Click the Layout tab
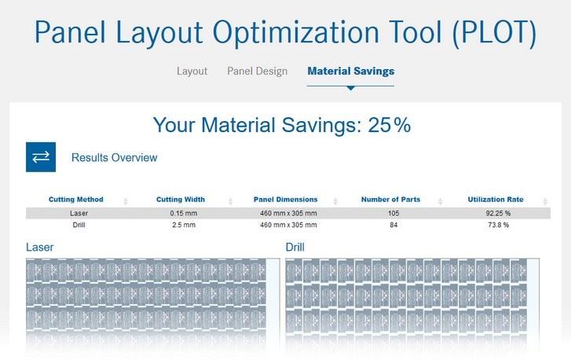(x=192, y=71)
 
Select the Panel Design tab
(x=257, y=71)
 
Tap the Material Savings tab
(x=350, y=71)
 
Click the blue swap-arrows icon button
(x=41, y=157)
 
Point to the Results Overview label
(x=115, y=157)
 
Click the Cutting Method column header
(x=75, y=200)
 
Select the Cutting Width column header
(x=181, y=200)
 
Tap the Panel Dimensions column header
(x=286, y=200)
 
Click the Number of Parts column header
(x=390, y=200)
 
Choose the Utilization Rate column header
(x=496, y=200)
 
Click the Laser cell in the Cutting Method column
(x=79, y=213)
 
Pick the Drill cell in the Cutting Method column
(x=79, y=225)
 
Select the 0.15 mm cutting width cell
(x=183, y=213)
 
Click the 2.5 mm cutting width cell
(x=184, y=225)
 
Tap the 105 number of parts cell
(x=393, y=213)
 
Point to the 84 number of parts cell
(x=393, y=225)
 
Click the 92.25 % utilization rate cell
(x=498, y=213)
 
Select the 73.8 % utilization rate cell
(x=498, y=225)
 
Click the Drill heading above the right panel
(x=295, y=247)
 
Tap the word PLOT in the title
(x=494, y=32)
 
